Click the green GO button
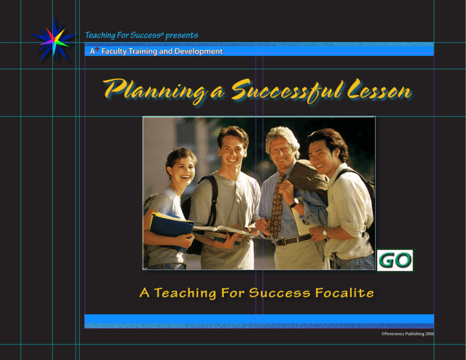click(x=394, y=260)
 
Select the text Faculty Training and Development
click(x=162, y=52)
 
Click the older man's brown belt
click(x=294, y=240)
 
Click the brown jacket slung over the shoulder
click(x=309, y=179)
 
